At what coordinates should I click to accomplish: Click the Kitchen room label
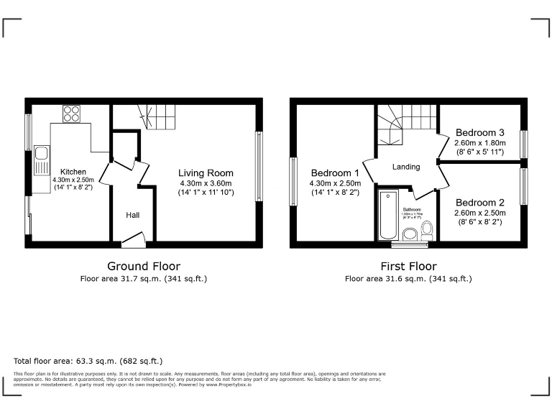point(73,172)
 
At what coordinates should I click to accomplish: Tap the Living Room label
point(206,173)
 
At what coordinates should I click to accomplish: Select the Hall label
point(133,215)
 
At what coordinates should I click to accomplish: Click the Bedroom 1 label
point(335,173)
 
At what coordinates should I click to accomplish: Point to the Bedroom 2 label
point(479,203)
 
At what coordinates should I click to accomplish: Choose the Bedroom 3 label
point(479,133)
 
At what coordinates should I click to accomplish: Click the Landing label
point(406,167)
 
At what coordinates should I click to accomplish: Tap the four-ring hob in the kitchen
point(71,114)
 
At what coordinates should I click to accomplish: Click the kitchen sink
point(42,155)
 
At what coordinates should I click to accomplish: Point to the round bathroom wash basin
point(410,234)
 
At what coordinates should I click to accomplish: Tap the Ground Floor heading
point(144,266)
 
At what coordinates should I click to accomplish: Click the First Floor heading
point(408,266)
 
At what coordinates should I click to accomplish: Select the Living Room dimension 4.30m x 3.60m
point(206,183)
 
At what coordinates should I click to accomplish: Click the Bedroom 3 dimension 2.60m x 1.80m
point(479,143)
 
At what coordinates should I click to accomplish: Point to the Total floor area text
point(88,361)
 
